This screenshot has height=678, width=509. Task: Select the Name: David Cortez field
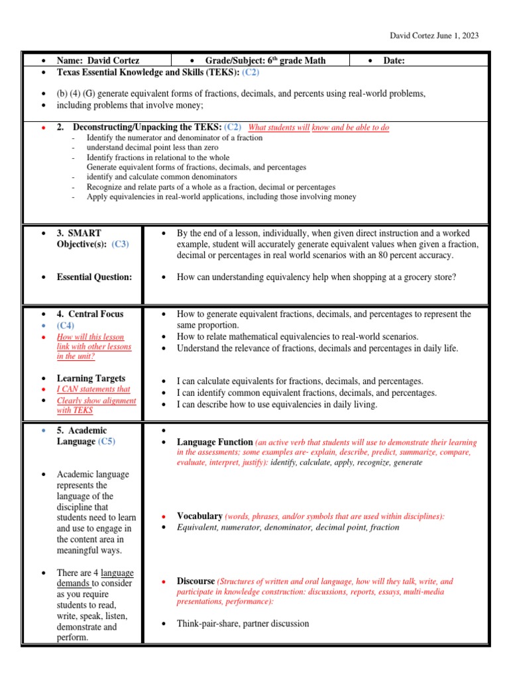tap(97, 60)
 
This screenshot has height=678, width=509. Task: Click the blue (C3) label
tap(120, 244)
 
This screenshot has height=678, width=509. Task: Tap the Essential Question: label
tap(94, 277)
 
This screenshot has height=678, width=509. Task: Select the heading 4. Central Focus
tap(90, 314)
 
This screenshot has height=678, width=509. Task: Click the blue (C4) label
tap(66, 325)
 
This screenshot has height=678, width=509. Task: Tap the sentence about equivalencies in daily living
tap(276, 404)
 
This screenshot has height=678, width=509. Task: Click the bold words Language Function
tap(215, 442)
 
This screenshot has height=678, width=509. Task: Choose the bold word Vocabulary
tap(199, 516)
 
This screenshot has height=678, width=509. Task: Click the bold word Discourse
tap(196, 581)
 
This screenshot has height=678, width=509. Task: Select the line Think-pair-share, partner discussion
tap(243, 623)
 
